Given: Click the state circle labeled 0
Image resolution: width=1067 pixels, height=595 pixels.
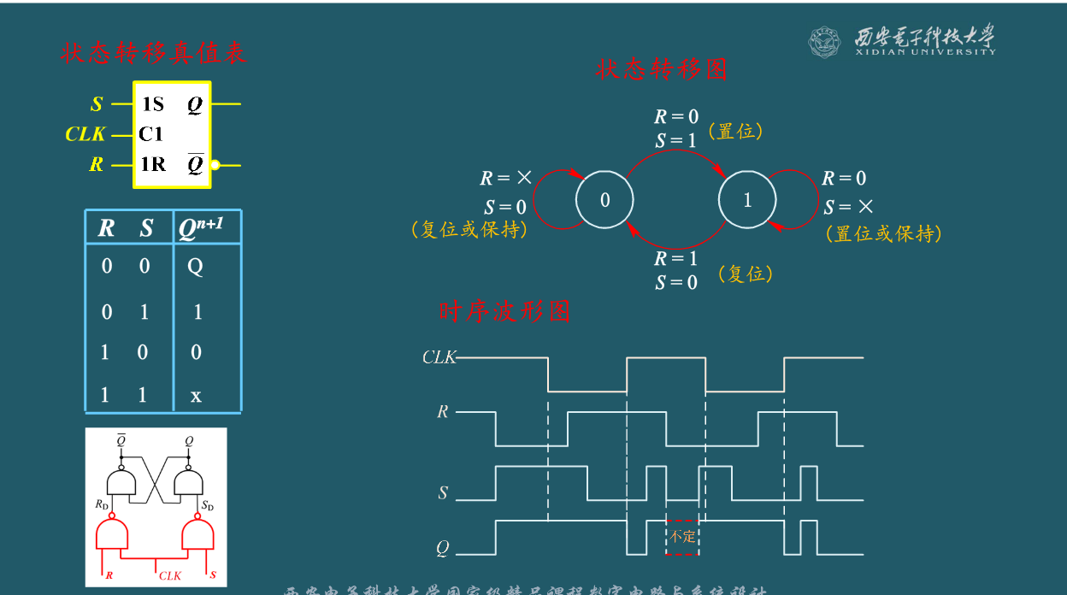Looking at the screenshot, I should pos(604,200).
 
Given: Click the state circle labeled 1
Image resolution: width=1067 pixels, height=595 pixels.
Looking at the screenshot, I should pos(747,200).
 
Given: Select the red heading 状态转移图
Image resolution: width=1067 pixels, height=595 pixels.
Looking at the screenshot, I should pos(661,69).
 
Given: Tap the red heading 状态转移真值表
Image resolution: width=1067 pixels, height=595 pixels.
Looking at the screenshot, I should pos(154,53).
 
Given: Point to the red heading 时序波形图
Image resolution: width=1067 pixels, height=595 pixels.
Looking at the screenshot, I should pos(504,311).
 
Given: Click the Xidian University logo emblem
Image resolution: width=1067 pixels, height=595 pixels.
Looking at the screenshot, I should pos(825,41).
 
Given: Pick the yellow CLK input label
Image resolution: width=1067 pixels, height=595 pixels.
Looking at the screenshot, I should pos(85,134).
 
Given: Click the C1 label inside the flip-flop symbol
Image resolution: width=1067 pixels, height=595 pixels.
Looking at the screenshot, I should pos(150,134).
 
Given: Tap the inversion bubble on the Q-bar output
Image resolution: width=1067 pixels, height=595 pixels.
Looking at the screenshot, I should pos(215,165).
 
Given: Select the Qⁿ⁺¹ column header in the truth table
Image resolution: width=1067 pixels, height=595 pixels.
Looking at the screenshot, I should pos(202,228).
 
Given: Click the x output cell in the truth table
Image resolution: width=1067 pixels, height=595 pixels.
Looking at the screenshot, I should pos(196,395).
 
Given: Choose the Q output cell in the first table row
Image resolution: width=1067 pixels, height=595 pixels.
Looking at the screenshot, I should pos(195,267).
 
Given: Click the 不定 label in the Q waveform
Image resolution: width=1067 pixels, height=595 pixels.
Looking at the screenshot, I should pos(682,537).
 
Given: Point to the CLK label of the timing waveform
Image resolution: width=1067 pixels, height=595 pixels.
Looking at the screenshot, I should pos(439,357).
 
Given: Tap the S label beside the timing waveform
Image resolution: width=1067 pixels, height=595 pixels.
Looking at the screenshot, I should pos(443,492).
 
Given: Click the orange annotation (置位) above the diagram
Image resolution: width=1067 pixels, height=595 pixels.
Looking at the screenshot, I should pos(735,131).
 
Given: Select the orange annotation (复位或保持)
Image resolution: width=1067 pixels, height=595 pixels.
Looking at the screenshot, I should pos(469,230).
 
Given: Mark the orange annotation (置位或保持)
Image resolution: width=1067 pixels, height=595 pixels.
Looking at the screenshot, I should pos(884,233).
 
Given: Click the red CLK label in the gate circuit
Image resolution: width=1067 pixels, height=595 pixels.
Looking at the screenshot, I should pos(170,575).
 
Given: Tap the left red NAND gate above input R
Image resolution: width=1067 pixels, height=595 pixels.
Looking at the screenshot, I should pos(112,535).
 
